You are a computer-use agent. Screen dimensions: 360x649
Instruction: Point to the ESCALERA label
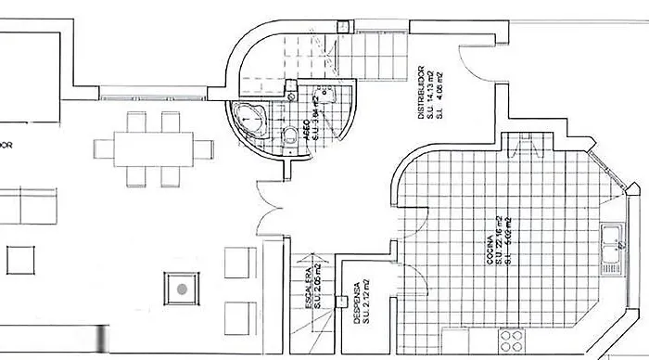click(x=309, y=288)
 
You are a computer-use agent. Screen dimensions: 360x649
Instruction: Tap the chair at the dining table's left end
click(x=103, y=148)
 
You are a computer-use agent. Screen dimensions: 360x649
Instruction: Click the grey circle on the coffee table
click(x=183, y=289)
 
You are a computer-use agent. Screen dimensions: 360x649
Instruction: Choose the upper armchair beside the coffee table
click(x=237, y=264)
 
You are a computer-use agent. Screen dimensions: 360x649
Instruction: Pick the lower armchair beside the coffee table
click(x=237, y=315)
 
